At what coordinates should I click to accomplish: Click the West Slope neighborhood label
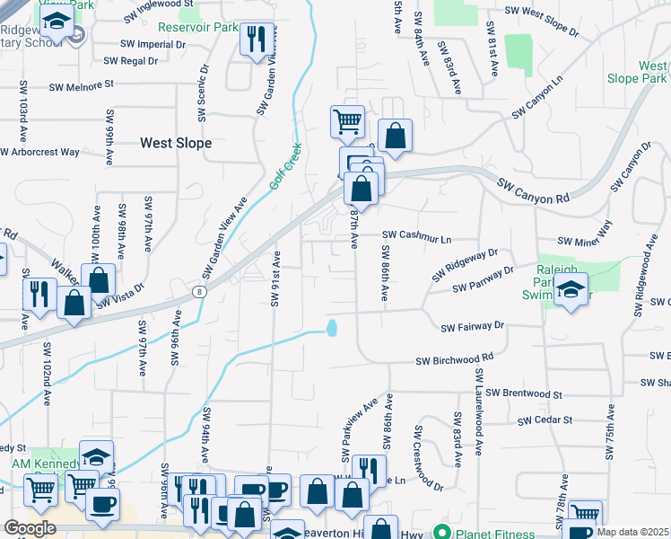coord(176,143)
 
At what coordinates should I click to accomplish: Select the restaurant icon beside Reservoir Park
coord(257,39)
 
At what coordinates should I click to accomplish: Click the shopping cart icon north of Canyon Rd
coord(347,119)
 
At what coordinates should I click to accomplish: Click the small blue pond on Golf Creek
coord(333,328)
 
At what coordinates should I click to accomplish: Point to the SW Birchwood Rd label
coord(454,358)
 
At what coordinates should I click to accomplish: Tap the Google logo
coord(30,528)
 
